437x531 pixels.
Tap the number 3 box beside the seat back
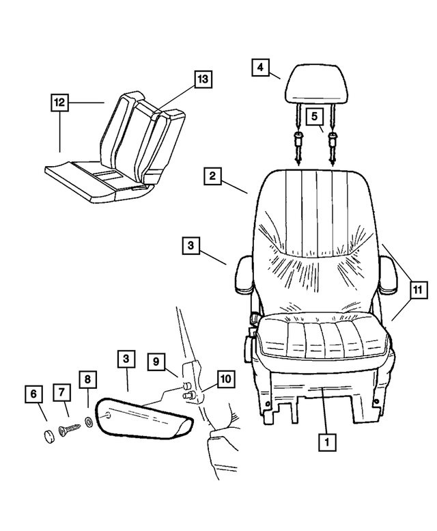[x=192, y=245]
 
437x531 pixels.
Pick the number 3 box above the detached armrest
[x=127, y=358]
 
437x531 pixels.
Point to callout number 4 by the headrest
[x=260, y=67]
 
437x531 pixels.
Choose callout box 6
[x=33, y=394]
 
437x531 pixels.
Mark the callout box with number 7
[x=62, y=392]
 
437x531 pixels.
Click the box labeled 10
[x=225, y=378]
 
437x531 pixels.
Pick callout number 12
[x=60, y=103]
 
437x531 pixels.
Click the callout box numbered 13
[x=201, y=79]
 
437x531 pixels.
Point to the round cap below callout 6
[x=48, y=437]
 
